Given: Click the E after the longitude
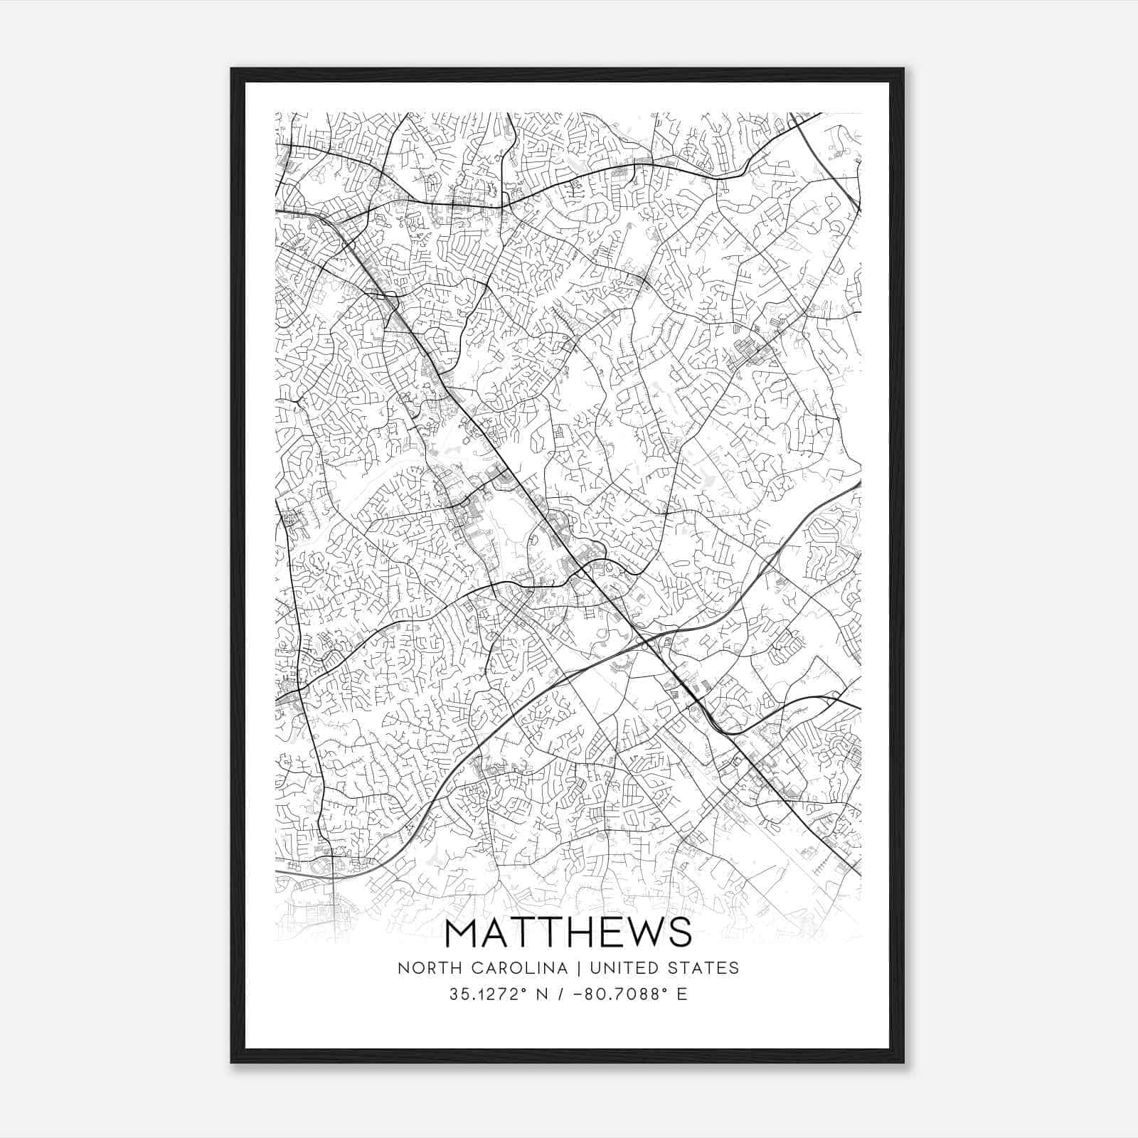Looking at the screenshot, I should (682, 994).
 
